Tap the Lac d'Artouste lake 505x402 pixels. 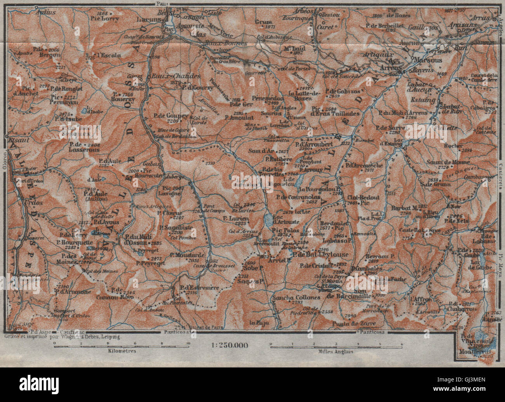pyautogui.click(x=268, y=220)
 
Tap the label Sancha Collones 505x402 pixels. pyautogui.click(x=296, y=297)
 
